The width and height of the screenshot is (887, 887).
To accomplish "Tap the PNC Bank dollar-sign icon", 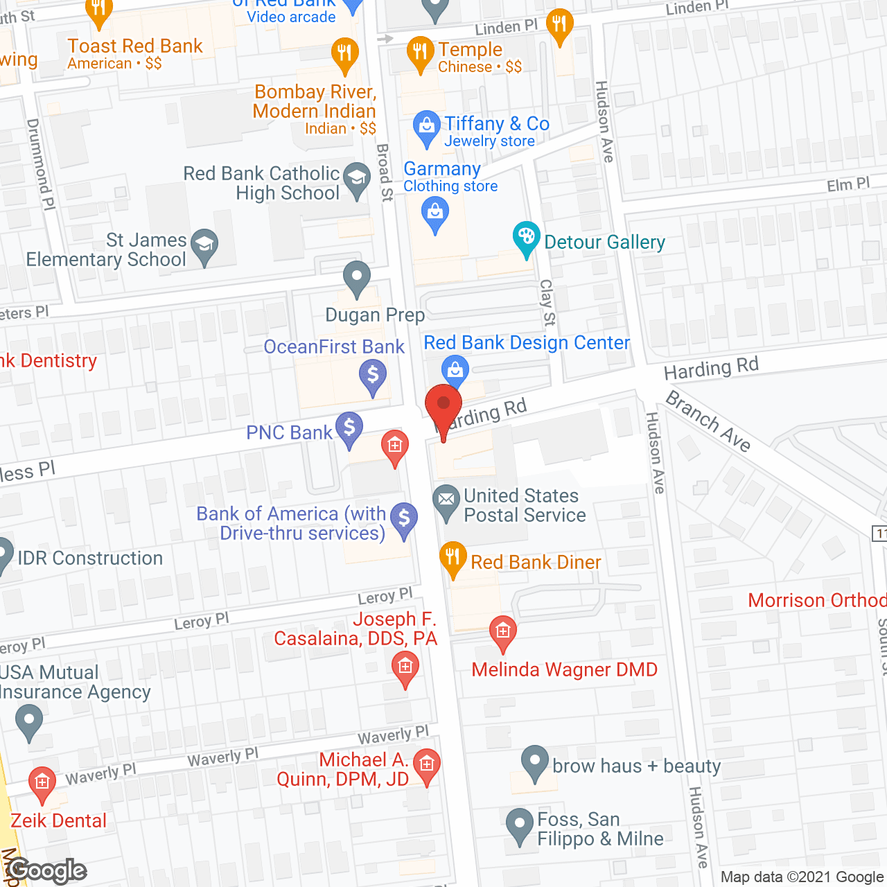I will (349, 428).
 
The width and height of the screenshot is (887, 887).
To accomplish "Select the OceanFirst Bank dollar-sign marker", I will (373, 375).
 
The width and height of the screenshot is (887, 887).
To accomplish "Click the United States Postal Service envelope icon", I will (446, 500).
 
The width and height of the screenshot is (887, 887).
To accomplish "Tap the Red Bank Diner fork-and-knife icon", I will (453, 557).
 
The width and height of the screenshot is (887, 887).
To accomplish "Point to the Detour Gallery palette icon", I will (526, 236).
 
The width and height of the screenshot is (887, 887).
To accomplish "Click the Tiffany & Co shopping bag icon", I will (426, 126).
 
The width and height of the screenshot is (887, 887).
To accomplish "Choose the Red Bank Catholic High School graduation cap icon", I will (357, 178).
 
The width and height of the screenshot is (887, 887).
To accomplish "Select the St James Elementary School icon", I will (204, 245).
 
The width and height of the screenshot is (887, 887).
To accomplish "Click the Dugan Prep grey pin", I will (357, 277).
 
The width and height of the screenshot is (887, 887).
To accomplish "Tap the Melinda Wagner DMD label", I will (564, 670).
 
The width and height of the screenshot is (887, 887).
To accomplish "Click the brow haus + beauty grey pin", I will (534, 761).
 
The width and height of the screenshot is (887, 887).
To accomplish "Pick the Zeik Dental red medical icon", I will (42, 782).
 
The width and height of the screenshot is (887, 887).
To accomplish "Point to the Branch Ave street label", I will (708, 421).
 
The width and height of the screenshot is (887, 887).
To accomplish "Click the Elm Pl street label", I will (848, 185).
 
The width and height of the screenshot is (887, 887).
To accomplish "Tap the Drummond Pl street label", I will (41, 164).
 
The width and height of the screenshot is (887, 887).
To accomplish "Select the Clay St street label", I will (547, 302).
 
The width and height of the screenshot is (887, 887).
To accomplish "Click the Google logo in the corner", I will (47, 870).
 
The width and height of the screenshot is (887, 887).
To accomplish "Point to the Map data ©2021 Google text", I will (802, 877).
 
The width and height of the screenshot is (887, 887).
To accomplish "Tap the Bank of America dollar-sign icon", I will (404, 518).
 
